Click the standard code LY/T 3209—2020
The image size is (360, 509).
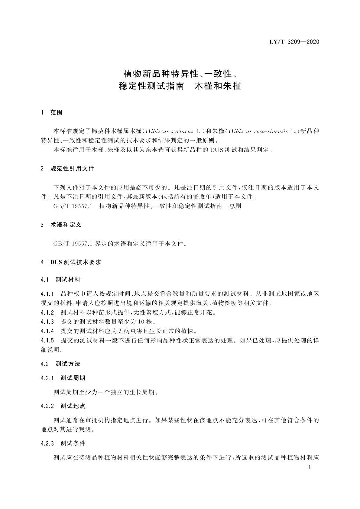tap(294, 42)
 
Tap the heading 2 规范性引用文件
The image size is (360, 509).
tap(67, 169)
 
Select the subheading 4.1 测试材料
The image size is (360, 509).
tap(60, 280)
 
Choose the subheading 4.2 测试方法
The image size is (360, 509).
tap(60, 364)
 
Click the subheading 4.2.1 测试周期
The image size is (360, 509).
tap(63, 378)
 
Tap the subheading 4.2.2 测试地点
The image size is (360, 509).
tap(63, 406)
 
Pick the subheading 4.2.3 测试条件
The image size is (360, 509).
tap(63, 443)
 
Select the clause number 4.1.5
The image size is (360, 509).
tap(47, 341)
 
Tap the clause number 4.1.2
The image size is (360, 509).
tap(47, 312)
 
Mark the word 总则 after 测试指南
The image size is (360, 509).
tap(235, 206)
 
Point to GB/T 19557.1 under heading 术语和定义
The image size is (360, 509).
tap(72, 244)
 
